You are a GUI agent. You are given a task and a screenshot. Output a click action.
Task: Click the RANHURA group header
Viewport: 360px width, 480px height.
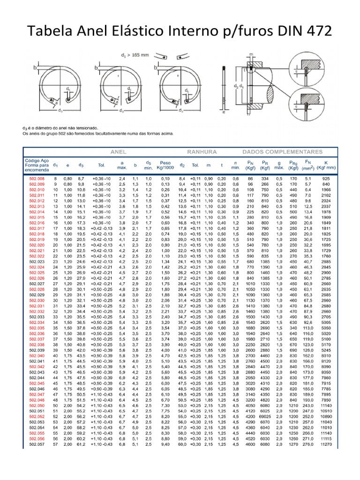(x=202, y=152)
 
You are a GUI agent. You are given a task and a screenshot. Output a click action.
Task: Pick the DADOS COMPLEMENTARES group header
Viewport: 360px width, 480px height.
(x=282, y=152)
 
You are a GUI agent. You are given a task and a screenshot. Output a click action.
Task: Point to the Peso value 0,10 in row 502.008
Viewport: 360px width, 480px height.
(x=165, y=179)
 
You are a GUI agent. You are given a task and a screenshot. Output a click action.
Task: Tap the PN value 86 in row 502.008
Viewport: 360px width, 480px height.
(x=250, y=179)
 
